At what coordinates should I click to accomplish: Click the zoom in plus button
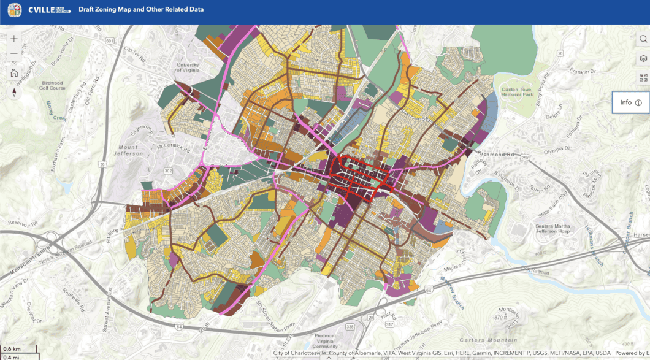(x=14, y=39)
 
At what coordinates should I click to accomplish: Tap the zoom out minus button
(x=14, y=53)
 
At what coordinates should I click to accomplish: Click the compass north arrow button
(x=14, y=93)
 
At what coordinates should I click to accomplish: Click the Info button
(x=630, y=102)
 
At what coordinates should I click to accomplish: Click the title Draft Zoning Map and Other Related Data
(x=141, y=10)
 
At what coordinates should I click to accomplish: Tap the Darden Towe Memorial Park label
(x=519, y=91)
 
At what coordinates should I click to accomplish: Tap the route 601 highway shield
(x=110, y=40)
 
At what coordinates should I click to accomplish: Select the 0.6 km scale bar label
(x=12, y=349)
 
